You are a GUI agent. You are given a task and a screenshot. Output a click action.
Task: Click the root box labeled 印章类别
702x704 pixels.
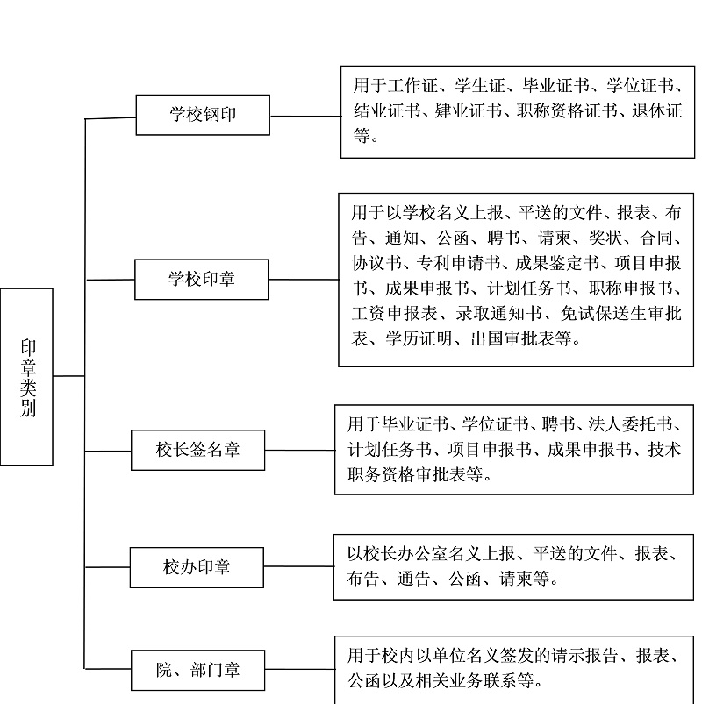(26, 377)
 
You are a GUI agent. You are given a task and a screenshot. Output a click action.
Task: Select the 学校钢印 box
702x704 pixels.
(203, 115)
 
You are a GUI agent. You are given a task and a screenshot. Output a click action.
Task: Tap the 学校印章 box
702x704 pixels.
(201, 280)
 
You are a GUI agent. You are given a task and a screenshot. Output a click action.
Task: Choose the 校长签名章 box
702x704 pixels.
(197, 450)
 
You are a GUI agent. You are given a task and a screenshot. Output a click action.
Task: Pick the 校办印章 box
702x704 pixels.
(197, 567)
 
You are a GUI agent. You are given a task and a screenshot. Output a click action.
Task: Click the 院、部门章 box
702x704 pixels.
(197, 670)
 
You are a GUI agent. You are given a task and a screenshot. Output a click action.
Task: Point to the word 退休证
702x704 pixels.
(657, 110)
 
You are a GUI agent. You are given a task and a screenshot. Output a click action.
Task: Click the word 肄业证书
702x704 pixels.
(468, 110)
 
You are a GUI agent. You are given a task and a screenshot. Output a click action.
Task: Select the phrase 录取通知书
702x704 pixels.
(499, 313)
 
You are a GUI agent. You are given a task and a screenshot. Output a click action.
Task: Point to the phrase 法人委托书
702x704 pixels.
(631, 424)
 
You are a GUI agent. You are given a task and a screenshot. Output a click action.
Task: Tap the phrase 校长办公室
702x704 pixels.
(405, 553)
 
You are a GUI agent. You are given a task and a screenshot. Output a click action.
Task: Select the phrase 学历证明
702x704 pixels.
(419, 338)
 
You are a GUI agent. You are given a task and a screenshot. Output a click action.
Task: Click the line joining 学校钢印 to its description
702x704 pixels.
(305, 117)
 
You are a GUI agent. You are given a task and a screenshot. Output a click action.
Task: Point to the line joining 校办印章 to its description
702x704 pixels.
(299, 566)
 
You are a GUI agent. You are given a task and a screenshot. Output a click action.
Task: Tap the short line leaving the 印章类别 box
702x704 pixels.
(68, 376)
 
